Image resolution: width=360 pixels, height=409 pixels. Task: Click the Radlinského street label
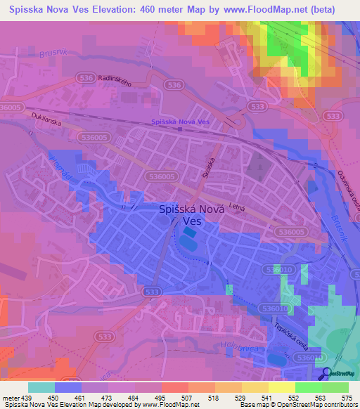117,79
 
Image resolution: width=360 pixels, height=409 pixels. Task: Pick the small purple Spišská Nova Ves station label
181,122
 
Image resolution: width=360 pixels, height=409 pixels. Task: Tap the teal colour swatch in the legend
41,387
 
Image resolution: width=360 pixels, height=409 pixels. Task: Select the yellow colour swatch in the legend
281,387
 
